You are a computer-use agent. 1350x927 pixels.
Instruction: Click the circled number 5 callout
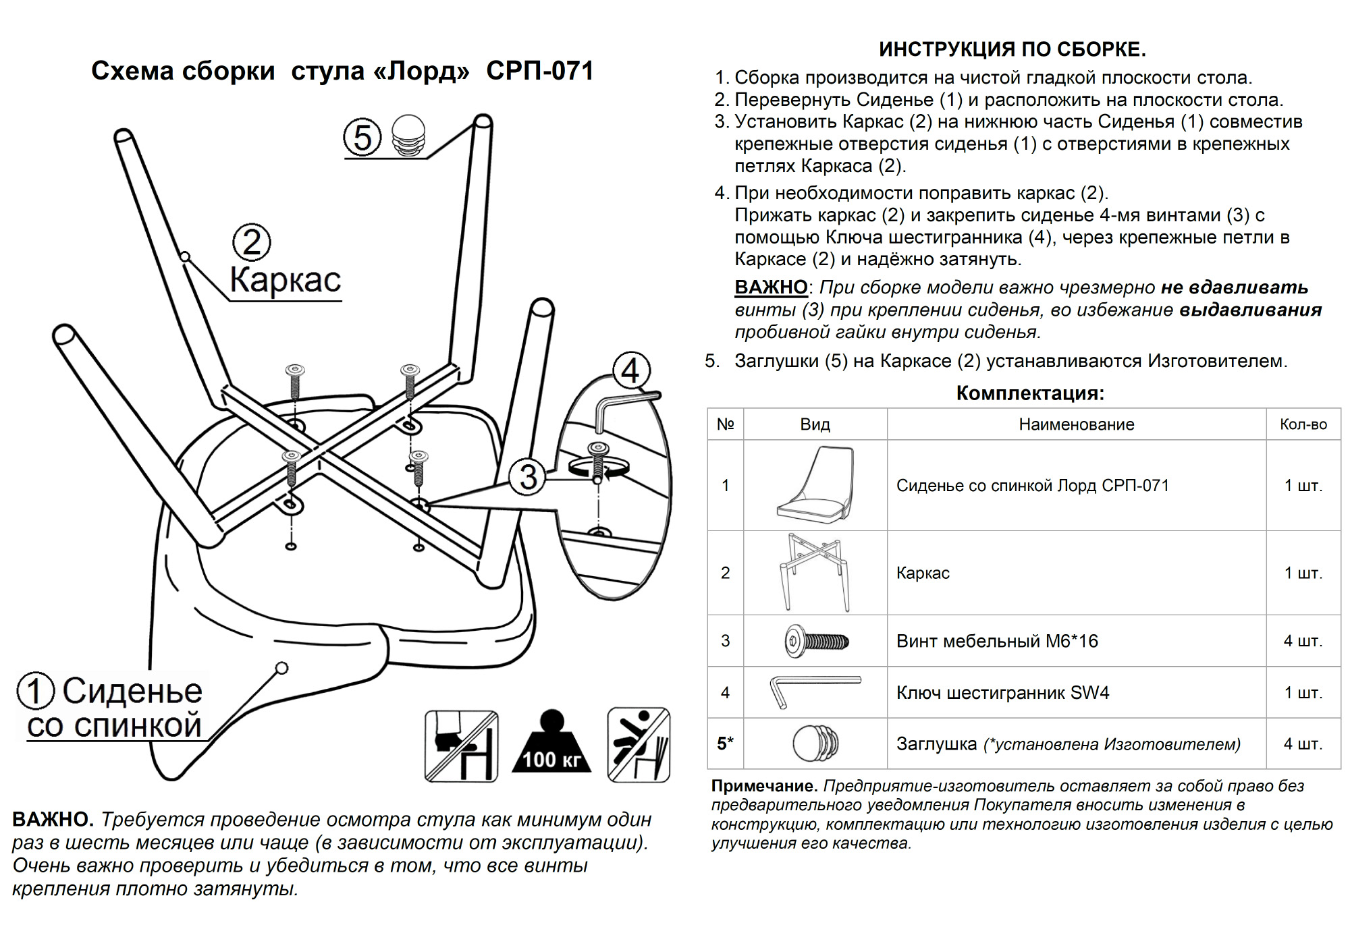[362, 137]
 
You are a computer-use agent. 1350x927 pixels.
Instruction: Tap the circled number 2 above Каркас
[251, 243]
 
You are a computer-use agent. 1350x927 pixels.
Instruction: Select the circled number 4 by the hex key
[630, 370]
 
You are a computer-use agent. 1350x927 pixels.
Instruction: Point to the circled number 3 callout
[528, 476]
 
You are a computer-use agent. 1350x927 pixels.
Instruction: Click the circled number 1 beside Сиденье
[36, 691]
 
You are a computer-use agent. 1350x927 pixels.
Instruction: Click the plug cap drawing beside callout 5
[409, 134]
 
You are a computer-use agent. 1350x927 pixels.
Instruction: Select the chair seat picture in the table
[815, 485]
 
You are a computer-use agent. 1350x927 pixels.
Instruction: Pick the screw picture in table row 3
[815, 640]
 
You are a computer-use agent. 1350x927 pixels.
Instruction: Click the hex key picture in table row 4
[815, 692]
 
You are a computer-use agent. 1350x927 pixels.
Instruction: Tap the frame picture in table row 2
[815, 572]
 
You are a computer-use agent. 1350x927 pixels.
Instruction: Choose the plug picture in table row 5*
[815, 743]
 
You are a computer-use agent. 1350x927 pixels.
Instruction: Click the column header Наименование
[1076, 424]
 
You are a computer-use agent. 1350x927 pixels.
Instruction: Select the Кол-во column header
[1303, 424]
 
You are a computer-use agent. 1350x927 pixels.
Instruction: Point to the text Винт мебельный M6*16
[997, 641]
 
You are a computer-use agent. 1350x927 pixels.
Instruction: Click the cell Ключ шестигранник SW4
[1002, 693]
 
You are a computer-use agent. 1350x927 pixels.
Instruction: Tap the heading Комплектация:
[1030, 393]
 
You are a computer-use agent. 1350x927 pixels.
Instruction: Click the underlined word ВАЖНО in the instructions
[771, 287]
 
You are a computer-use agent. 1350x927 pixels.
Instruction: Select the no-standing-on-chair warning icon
[462, 746]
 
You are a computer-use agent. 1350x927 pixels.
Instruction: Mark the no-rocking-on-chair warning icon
[639, 745]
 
